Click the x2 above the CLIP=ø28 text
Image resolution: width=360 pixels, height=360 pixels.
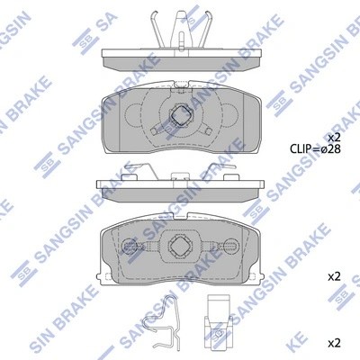click(x=333, y=136)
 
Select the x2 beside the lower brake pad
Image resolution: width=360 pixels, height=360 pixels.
click(x=333, y=275)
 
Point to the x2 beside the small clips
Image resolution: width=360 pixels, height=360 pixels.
click(x=333, y=342)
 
